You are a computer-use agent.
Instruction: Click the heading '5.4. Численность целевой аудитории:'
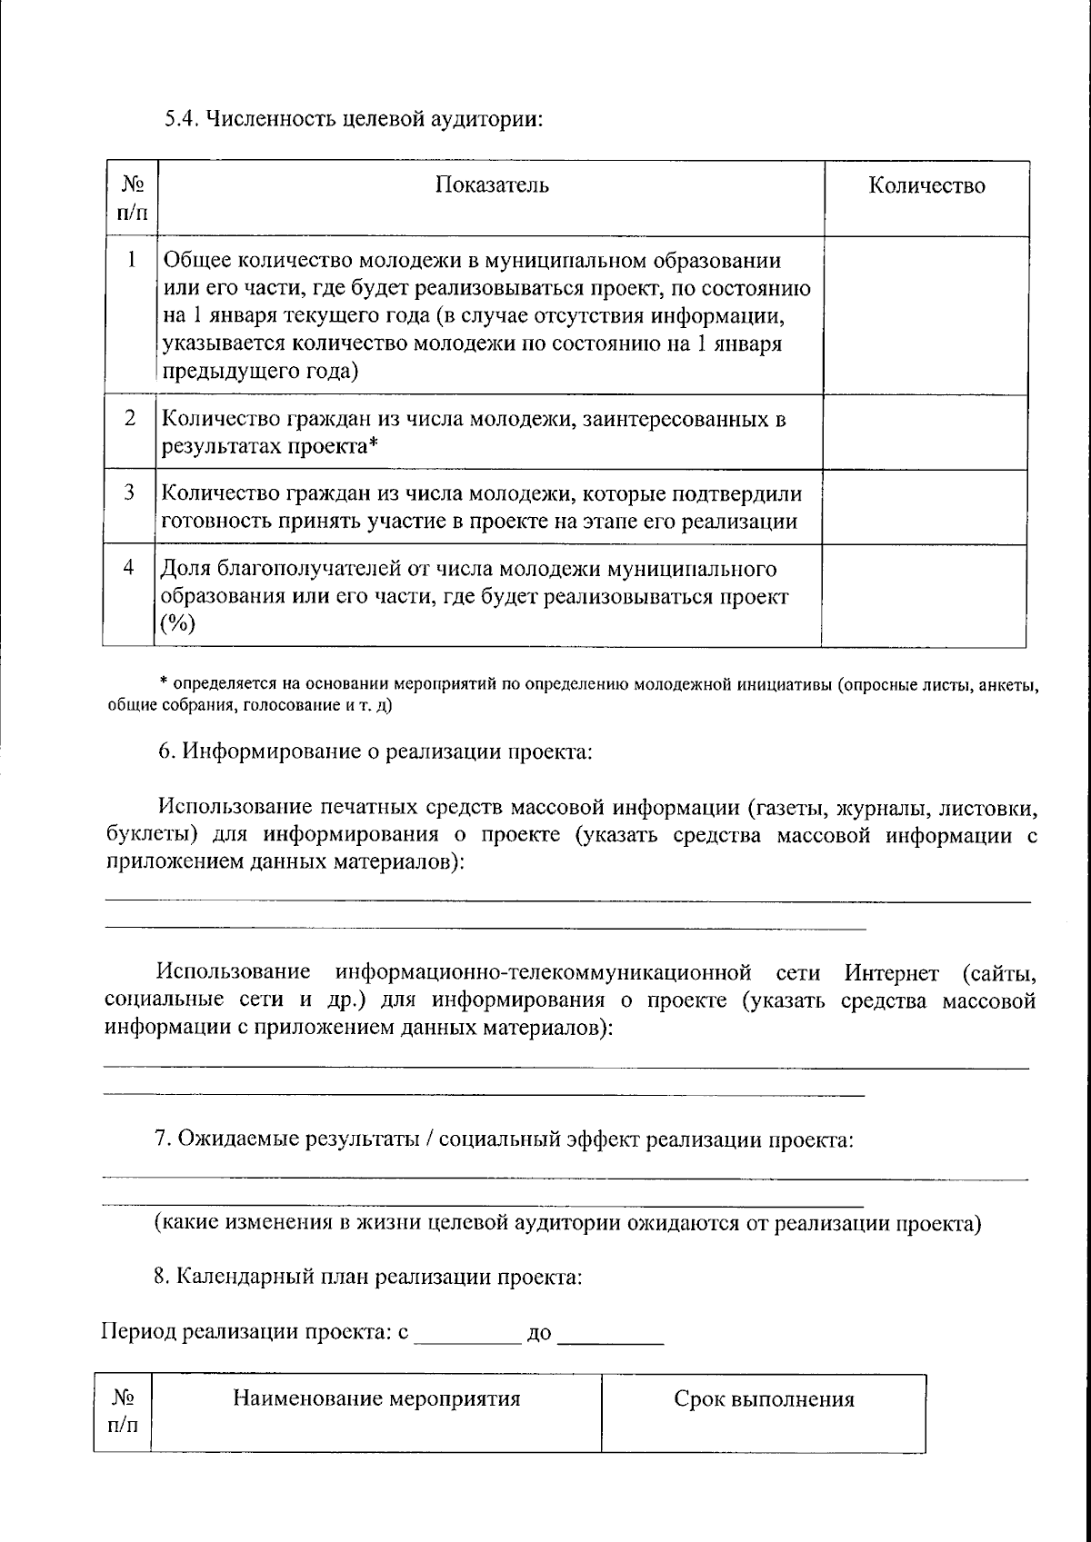click(x=353, y=119)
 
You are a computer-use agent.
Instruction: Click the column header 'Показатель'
click(x=492, y=185)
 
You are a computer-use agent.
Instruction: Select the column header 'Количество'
click(x=926, y=185)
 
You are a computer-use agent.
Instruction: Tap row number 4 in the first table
click(x=130, y=568)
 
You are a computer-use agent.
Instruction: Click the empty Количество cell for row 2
click(x=925, y=433)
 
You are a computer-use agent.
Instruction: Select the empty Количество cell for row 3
click(x=925, y=507)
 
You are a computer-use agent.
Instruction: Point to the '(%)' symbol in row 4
click(x=178, y=624)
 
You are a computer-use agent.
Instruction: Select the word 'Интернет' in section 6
click(x=891, y=973)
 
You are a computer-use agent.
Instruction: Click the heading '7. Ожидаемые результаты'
click(x=504, y=1139)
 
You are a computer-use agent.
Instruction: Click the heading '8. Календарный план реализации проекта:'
click(x=367, y=1277)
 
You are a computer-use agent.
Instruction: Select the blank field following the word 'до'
click(x=610, y=1337)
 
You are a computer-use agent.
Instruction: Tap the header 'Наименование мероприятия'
click(x=376, y=1398)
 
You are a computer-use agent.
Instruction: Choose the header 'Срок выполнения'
click(x=764, y=1399)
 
